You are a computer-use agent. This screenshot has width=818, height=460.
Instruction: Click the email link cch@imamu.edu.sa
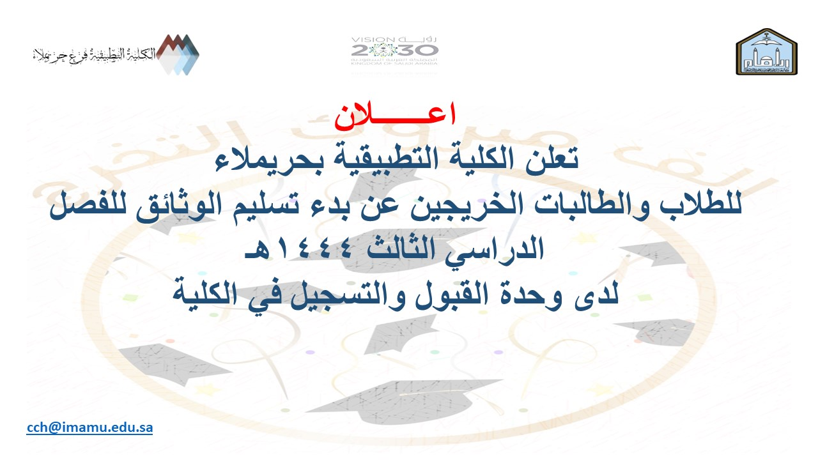tap(89, 427)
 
